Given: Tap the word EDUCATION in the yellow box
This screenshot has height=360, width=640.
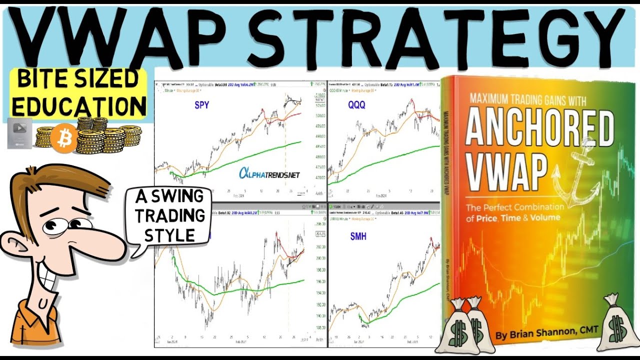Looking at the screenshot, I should (x=79, y=106).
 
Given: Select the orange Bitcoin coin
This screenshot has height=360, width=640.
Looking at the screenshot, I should (x=63, y=138).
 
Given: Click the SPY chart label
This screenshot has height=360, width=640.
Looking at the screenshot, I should (x=202, y=106).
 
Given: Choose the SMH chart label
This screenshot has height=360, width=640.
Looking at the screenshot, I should (x=358, y=236).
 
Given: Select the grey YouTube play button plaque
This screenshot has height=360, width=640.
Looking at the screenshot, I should (x=19, y=133).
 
